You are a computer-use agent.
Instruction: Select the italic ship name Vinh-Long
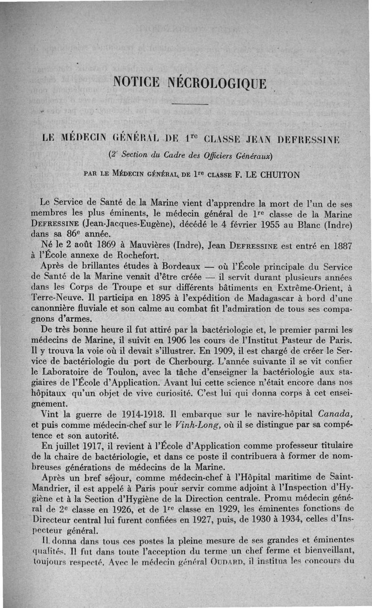tap(199, 424)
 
